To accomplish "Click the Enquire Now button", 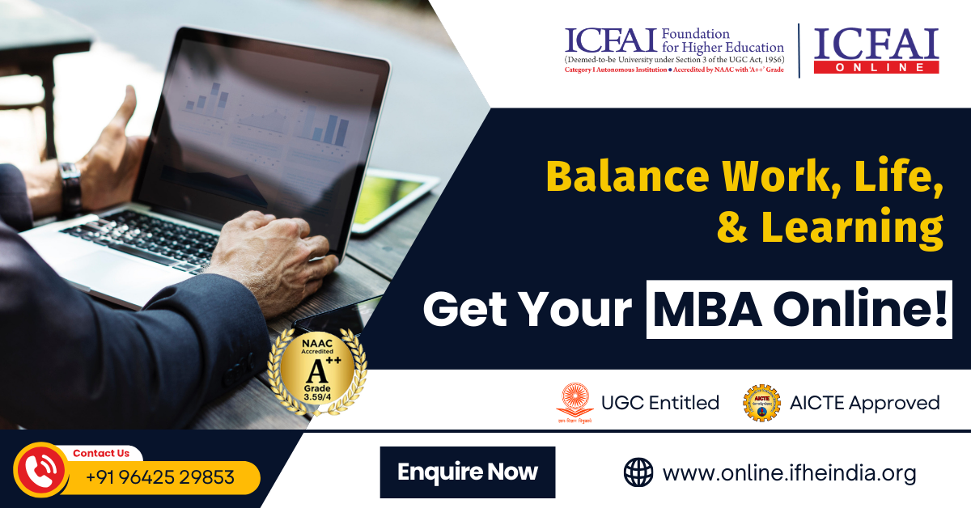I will click(x=468, y=472).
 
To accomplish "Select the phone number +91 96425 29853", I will click(x=160, y=477).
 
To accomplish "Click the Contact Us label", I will click(x=101, y=453).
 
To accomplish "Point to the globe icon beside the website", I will click(x=638, y=472).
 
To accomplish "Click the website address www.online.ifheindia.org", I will click(x=789, y=472).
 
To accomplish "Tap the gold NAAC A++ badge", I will click(x=317, y=370).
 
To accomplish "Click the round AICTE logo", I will click(x=761, y=403).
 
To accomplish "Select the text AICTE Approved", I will click(x=865, y=403).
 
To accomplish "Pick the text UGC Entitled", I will click(x=659, y=403).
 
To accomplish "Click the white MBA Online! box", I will click(x=799, y=309).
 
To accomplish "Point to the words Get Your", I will click(x=527, y=310).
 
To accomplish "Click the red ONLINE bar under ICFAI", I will click(x=876, y=67).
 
